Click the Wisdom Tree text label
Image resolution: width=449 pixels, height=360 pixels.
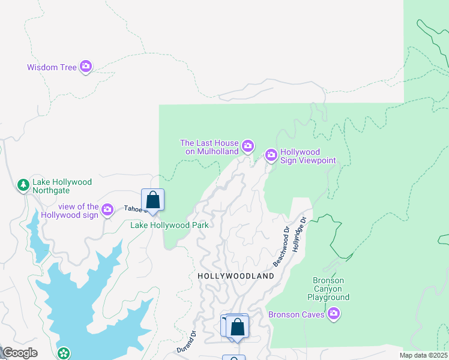[52, 67]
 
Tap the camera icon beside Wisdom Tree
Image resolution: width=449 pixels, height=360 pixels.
[86, 66]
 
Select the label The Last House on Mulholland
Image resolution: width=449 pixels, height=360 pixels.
[209, 147]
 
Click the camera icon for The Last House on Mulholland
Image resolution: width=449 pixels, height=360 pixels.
[247, 146]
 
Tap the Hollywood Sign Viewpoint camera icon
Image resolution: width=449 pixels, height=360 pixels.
[271, 156]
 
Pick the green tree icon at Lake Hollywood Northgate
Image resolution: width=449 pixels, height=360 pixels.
[23, 185]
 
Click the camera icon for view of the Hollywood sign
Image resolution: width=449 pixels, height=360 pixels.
[107, 209]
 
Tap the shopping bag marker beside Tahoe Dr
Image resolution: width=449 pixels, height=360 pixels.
[153, 200]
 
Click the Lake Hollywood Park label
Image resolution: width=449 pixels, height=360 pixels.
[170, 225]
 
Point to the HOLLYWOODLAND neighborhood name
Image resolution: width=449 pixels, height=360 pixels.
[236, 276]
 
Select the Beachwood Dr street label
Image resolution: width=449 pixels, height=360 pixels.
[281, 247]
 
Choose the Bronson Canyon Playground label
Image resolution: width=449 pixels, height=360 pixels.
[328, 289]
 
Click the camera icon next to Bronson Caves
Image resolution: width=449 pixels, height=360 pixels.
[334, 314]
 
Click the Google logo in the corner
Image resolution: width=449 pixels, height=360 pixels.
[20, 353]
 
